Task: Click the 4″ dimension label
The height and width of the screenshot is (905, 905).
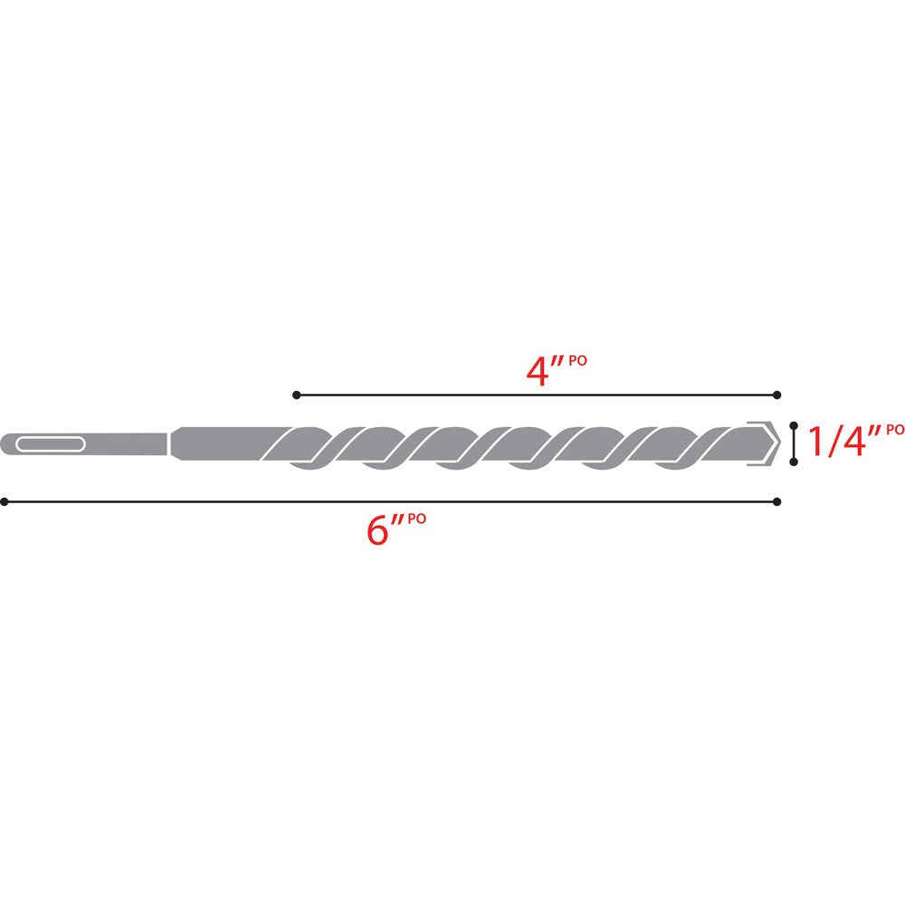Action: pos(545,372)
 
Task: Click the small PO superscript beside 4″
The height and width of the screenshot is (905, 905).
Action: pos(578,360)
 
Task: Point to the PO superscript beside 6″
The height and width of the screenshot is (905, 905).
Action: pos(416,519)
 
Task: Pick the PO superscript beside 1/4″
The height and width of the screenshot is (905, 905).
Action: pos(894,429)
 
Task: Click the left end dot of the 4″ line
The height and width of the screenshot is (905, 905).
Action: pos(296,395)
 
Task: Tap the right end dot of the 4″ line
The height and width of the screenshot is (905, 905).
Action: pos(777,395)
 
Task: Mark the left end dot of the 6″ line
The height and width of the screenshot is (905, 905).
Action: pos(5,500)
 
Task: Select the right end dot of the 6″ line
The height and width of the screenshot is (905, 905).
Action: pos(777,500)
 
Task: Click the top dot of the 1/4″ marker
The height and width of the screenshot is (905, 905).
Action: pos(794,424)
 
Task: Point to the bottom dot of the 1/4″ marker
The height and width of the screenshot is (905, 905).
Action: pos(794,462)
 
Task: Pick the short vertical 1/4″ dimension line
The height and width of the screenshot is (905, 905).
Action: pos(794,443)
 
